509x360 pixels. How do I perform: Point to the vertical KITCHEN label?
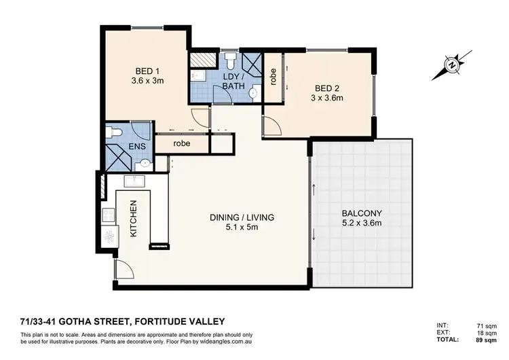134,219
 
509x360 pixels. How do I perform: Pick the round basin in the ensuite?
145,164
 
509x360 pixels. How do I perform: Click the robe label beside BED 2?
272,78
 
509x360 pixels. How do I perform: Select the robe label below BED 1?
181,144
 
